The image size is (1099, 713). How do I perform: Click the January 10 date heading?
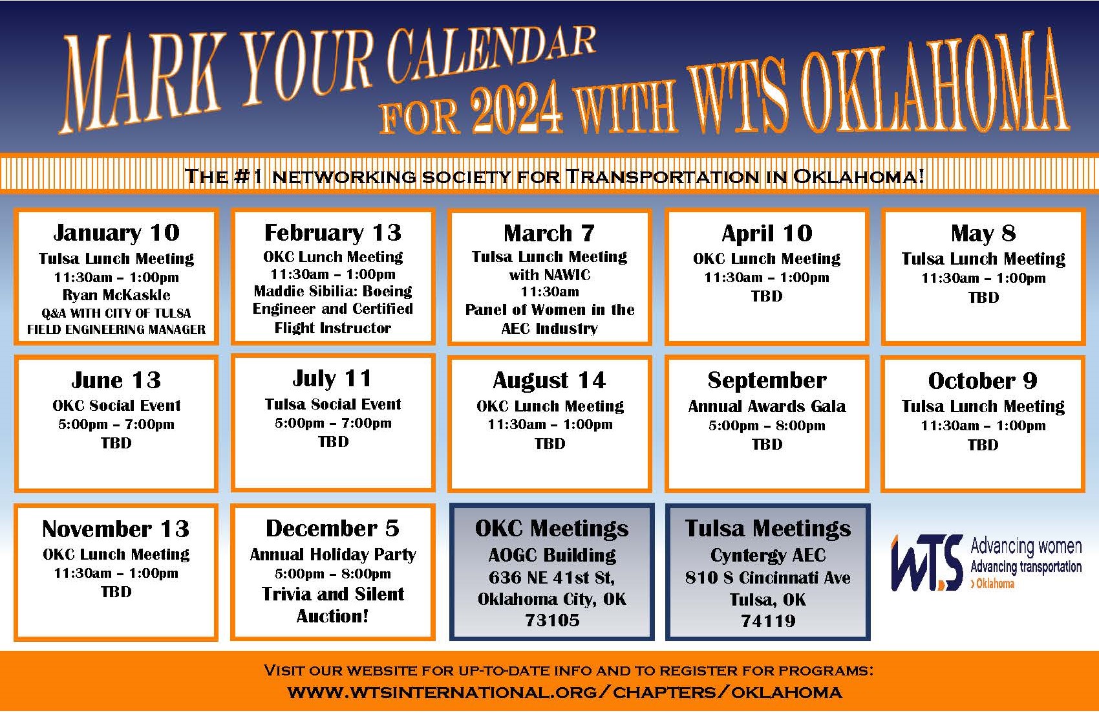[116, 233]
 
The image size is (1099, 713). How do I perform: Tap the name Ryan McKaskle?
[116, 295]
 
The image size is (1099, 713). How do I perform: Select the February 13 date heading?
[333, 233]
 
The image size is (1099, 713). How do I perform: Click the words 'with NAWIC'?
[549, 274]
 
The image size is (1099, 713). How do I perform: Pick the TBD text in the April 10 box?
[766, 296]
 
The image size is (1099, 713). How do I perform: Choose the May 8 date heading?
[983, 234]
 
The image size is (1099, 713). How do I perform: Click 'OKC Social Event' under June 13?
[116, 406]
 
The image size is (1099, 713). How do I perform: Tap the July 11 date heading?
[332, 378]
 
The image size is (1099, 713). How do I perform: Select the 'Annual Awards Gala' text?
[767, 406]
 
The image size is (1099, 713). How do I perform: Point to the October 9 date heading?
[983, 380]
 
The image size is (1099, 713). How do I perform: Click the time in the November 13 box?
[116, 573]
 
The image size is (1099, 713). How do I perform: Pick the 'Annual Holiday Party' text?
[333, 555]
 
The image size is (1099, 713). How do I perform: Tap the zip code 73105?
[552, 620]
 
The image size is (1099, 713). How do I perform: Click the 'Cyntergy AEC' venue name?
[768, 555]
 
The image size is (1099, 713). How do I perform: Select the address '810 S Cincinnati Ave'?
[768, 578]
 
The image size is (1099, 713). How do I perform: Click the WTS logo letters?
[927, 563]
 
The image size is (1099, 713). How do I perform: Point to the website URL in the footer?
[565, 693]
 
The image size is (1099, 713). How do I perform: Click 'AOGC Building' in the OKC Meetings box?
[552, 555]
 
